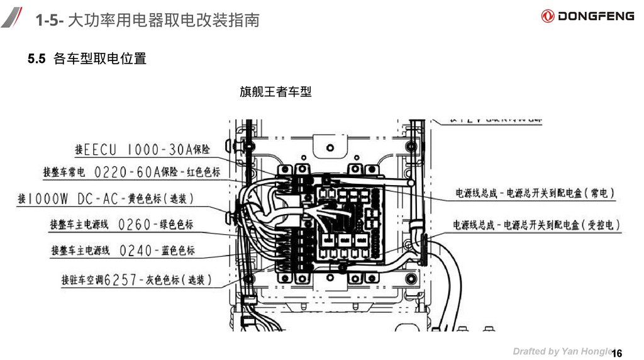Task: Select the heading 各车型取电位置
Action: (x=100, y=59)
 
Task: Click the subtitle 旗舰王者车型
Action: (x=275, y=92)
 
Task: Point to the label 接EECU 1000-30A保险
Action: (x=142, y=150)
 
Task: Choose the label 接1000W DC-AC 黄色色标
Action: (x=106, y=199)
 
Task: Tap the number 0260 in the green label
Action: (x=135, y=225)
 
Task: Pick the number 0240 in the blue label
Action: (x=135, y=250)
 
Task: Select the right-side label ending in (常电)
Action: (x=535, y=193)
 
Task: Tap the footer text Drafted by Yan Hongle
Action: (x=562, y=351)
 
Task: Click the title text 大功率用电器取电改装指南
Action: (x=163, y=21)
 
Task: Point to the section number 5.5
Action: (x=36, y=59)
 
